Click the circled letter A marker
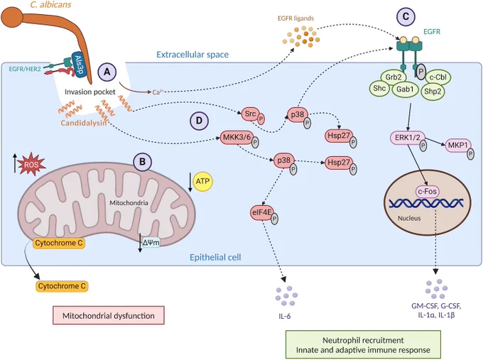(107, 72)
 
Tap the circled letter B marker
(142, 162)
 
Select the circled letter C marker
(406, 16)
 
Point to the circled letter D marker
(199, 121)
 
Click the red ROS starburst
(31, 164)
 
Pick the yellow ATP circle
(202, 181)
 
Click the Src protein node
(251, 114)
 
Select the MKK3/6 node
(237, 137)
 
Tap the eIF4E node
(261, 212)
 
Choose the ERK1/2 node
(408, 138)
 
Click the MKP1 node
(458, 145)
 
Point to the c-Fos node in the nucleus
(428, 192)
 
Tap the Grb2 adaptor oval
(394, 77)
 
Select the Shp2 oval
(433, 91)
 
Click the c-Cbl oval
(438, 77)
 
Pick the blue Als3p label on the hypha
(79, 65)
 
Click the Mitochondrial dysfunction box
(109, 315)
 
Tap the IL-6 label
(284, 316)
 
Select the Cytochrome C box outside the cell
(62, 286)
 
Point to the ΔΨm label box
(151, 243)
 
